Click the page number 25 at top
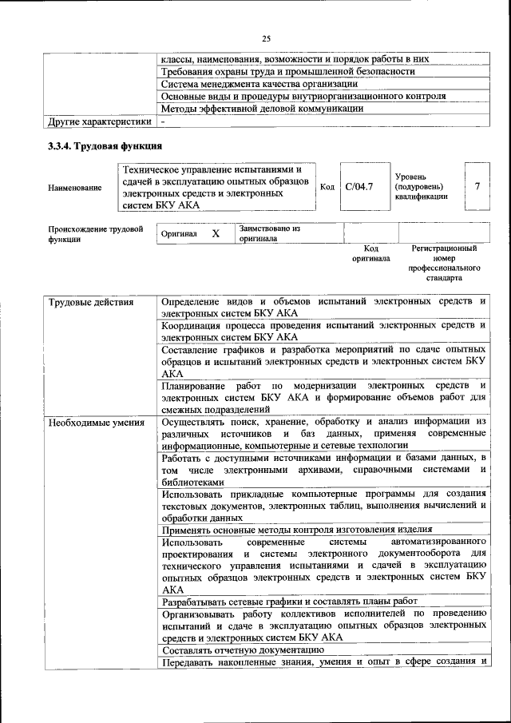click(267, 38)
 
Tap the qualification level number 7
click(477, 186)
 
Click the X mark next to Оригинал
click(216, 233)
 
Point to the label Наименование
click(75, 187)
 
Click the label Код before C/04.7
click(327, 186)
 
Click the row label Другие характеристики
click(99, 122)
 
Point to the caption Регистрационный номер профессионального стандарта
click(444, 264)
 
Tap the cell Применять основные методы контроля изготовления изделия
click(296, 529)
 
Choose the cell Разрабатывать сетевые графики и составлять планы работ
click(288, 602)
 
